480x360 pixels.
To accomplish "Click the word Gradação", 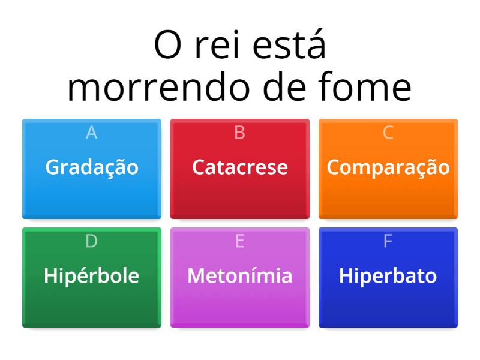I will click(x=92, y=167).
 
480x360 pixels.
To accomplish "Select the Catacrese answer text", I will click(x=240, y=167).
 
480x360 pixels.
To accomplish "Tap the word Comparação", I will click(x=388, y=167).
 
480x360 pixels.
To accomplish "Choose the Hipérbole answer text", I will click(x=92, y=276).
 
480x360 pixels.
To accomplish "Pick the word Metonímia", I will click(x=240, y=276).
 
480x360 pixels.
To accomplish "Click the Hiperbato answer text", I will click(x=388, y=276).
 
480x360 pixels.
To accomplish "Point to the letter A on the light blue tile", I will click(x=92, y=133).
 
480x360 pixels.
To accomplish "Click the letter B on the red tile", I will click(x=240, y=133).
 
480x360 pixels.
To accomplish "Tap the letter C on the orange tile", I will click(x=388, y=133).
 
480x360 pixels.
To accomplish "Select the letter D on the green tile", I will click(x=92, y=241).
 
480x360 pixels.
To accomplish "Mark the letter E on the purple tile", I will click(x=240, y=241).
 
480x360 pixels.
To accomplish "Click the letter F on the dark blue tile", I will click(x=388, y=241).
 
